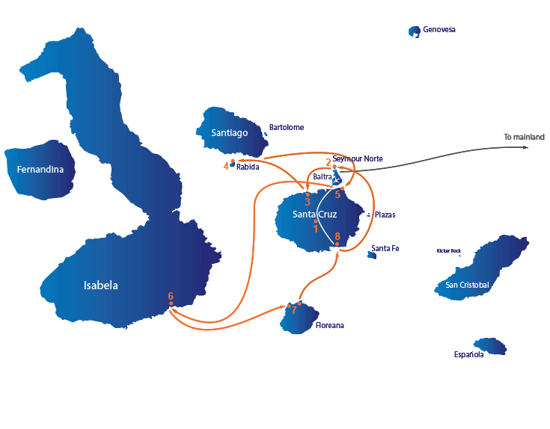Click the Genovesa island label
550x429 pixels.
click(439, 29)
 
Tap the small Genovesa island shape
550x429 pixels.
click(415, 31)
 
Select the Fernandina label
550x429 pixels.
click(40, 170)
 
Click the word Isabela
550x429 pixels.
click(101, 286)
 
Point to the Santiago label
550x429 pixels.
click(230, 133)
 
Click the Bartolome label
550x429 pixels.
click(287, 128)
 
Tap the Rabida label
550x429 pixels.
click(248, 167)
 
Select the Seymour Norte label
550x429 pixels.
click(358, 158)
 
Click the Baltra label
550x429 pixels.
click(323, 176)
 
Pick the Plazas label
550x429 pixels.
click(385, 214)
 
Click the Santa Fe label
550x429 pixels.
click(385, 248)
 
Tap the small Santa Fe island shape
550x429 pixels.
click(372, 256)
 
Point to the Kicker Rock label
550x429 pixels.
click(449, 250)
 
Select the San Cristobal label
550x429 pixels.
click(467, 285)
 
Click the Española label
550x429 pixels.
click(469, 355)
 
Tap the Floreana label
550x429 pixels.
click(330, 325)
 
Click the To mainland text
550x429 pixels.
click(524, 137)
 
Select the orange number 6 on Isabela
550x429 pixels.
click(171, 296)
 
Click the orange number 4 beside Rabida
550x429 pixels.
click(226, 167)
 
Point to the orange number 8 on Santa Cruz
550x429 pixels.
click(337, 236)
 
